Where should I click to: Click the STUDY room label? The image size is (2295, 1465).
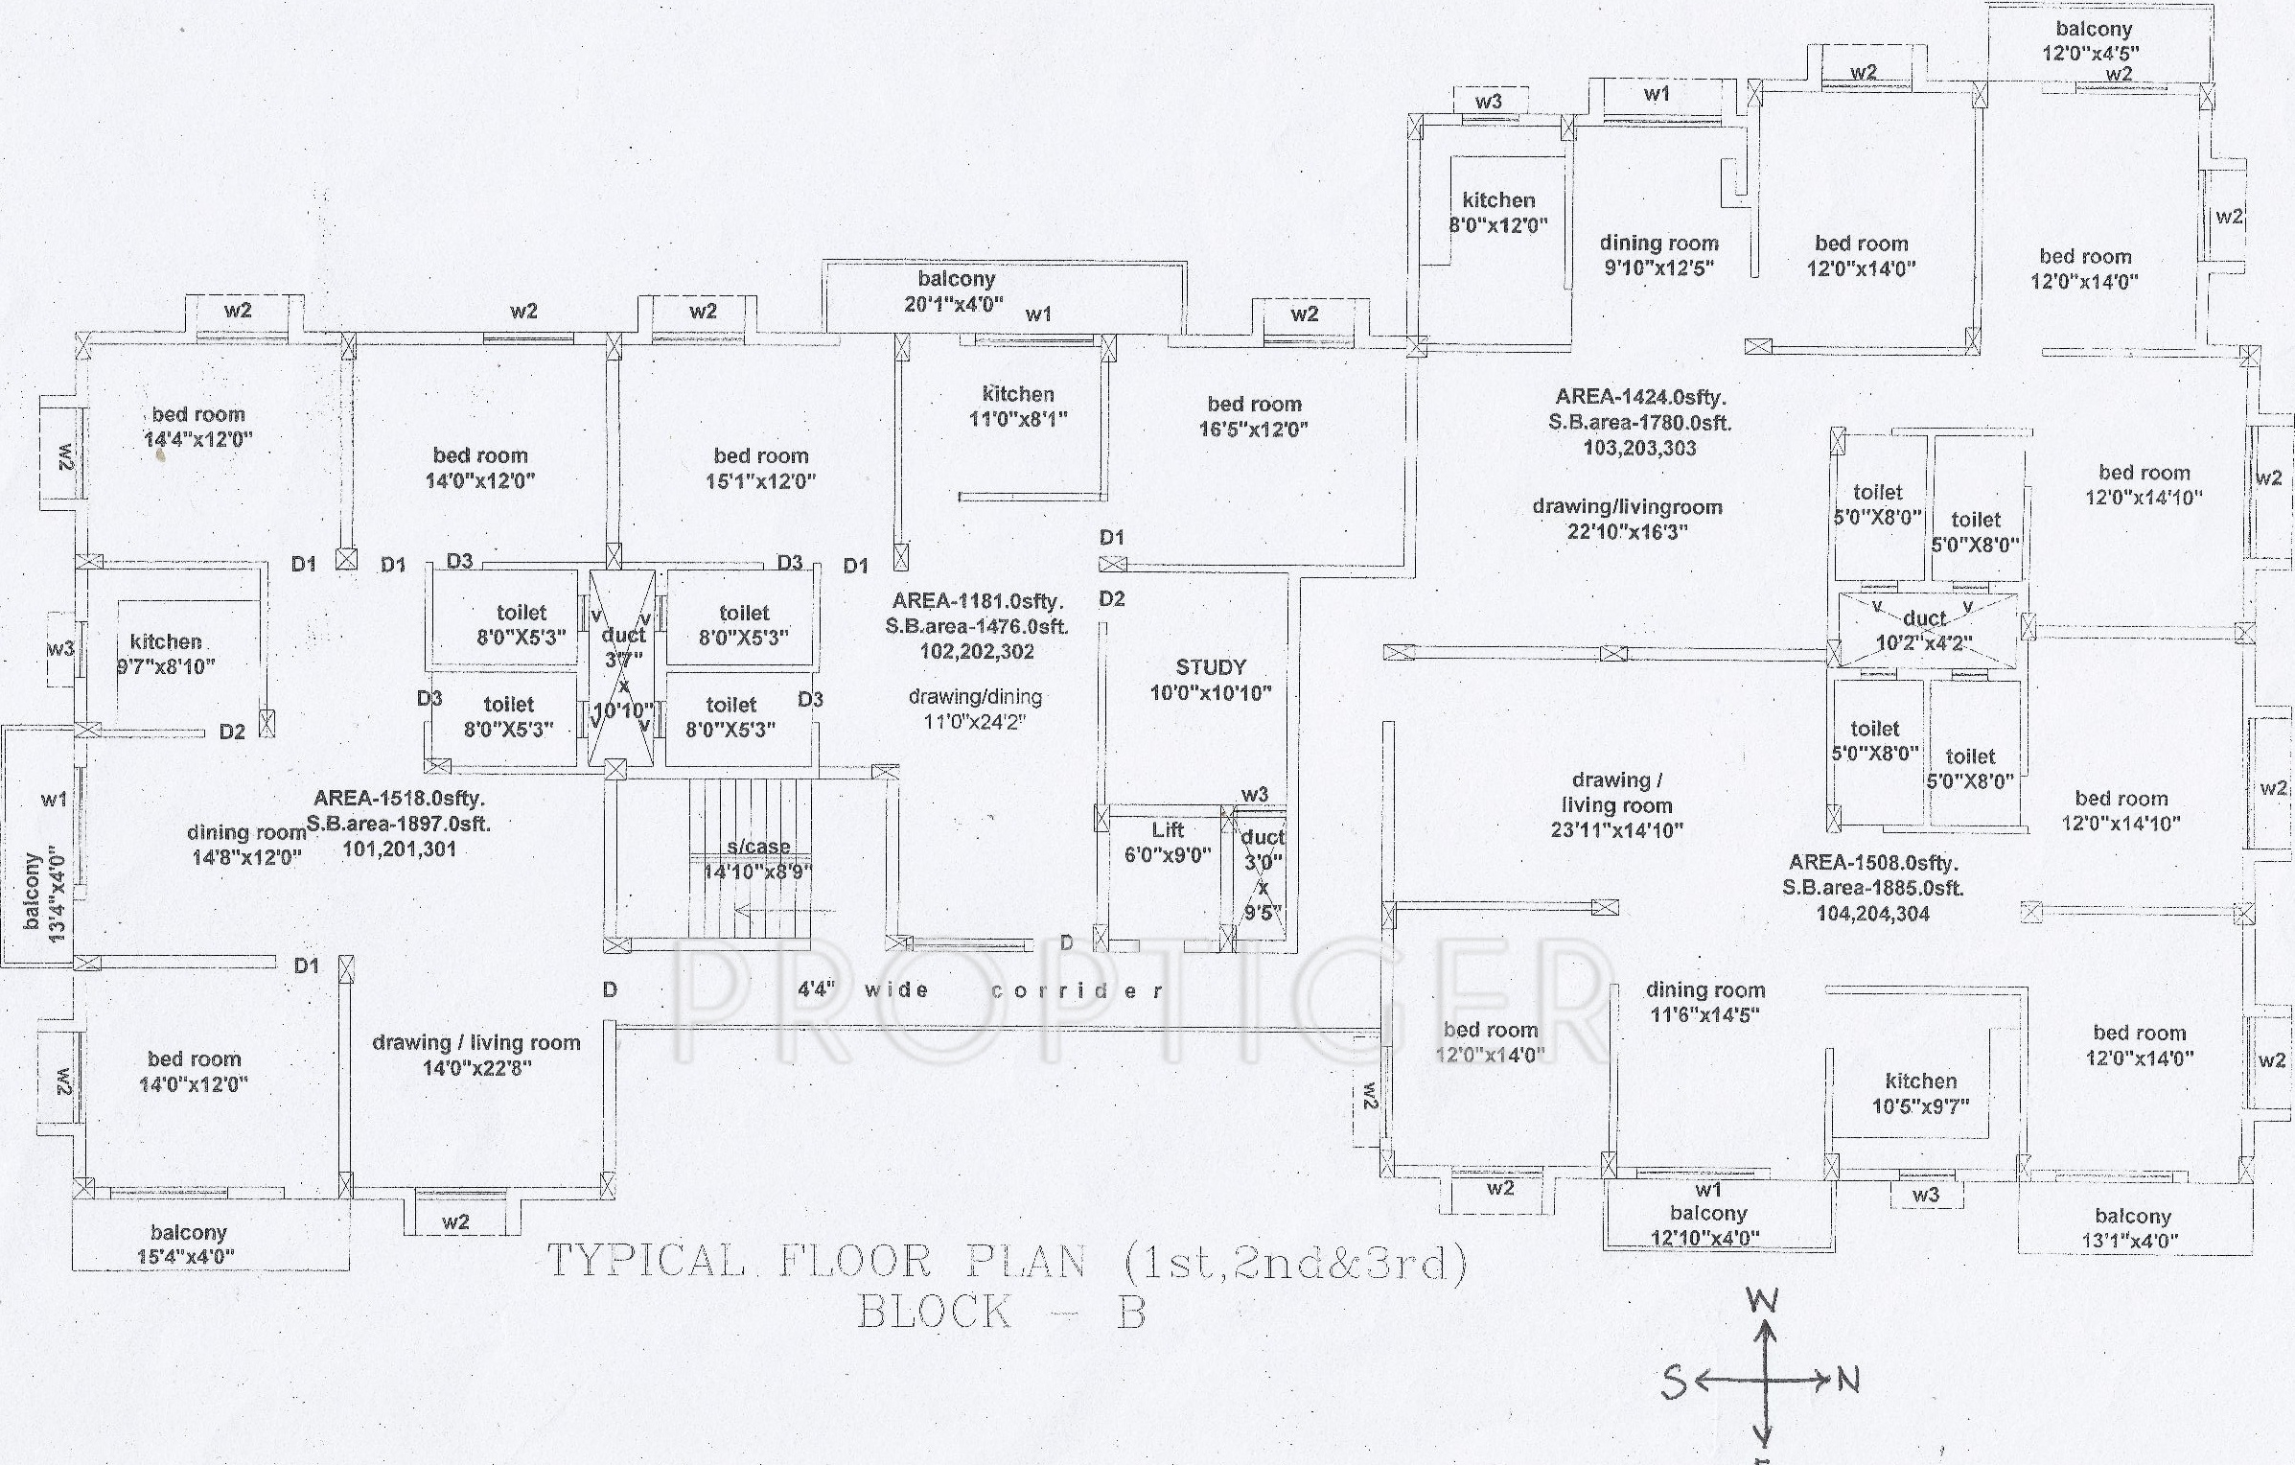[x=1210, y=668]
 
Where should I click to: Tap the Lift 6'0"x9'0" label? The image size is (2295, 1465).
[x=1167, y=842]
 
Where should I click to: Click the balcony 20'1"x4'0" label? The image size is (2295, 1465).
[x=955, y=291]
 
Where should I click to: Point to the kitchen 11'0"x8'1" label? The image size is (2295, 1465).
[x=1017, y=406]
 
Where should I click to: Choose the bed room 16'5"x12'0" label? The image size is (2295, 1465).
[x=1253, y=416]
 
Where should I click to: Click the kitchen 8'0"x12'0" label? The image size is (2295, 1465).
[x=1497, y=212]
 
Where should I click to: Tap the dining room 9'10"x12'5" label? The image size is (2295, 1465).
[x=1658, y=255]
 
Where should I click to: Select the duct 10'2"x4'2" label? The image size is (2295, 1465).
[x=1924, y=631]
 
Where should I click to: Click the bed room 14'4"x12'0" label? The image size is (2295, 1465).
[x=197, y=427]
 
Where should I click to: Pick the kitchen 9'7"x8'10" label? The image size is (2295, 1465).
[x=166, y=654]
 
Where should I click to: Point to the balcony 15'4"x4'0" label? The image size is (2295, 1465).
[x=187, y=1244]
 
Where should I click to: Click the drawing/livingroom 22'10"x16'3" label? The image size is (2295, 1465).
[x=1627, y=519]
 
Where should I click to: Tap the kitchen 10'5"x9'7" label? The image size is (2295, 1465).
[x=1920, y=1093]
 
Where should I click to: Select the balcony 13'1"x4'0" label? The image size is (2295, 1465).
[x=2132, y=1227]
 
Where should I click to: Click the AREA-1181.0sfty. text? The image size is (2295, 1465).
[x=977, y=601]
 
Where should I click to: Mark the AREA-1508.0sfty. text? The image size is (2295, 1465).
[x=1873, y=862]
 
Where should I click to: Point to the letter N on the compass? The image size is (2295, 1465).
[x=1847, y=1381]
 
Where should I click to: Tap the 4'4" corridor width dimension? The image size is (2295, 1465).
[x=816, y=988]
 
